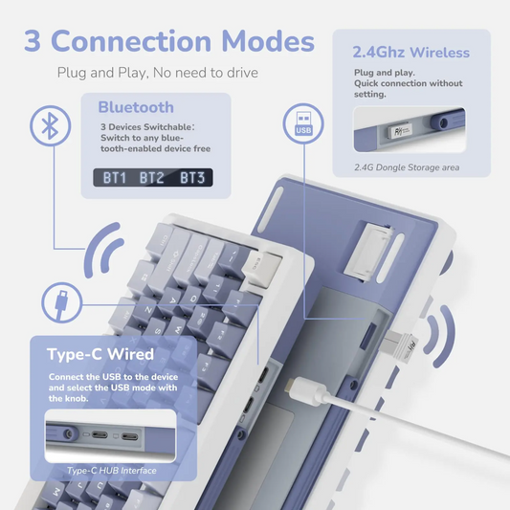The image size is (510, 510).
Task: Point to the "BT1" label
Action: pyautogui.click(x=116, y=177)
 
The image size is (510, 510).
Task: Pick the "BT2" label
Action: pyautogui.click(x=152, y=177)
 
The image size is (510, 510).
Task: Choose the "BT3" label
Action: pyautogui.click(x=191, y=177)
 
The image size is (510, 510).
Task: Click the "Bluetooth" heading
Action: pyautogui.click(x=136, y=107)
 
